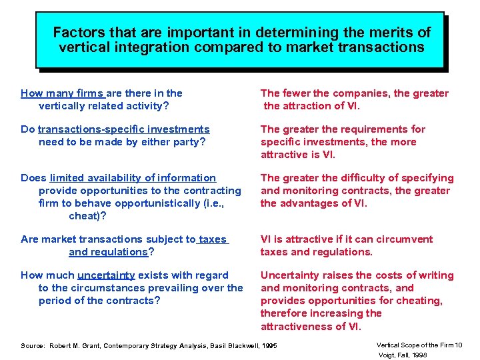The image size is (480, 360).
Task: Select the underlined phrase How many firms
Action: coord(62,93)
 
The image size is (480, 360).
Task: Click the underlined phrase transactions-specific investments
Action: coord(123,129)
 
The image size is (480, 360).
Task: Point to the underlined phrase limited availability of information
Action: coord(133,178)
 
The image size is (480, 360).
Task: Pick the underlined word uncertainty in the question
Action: coord(106,275)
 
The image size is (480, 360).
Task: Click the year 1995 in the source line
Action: coord(269,346)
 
